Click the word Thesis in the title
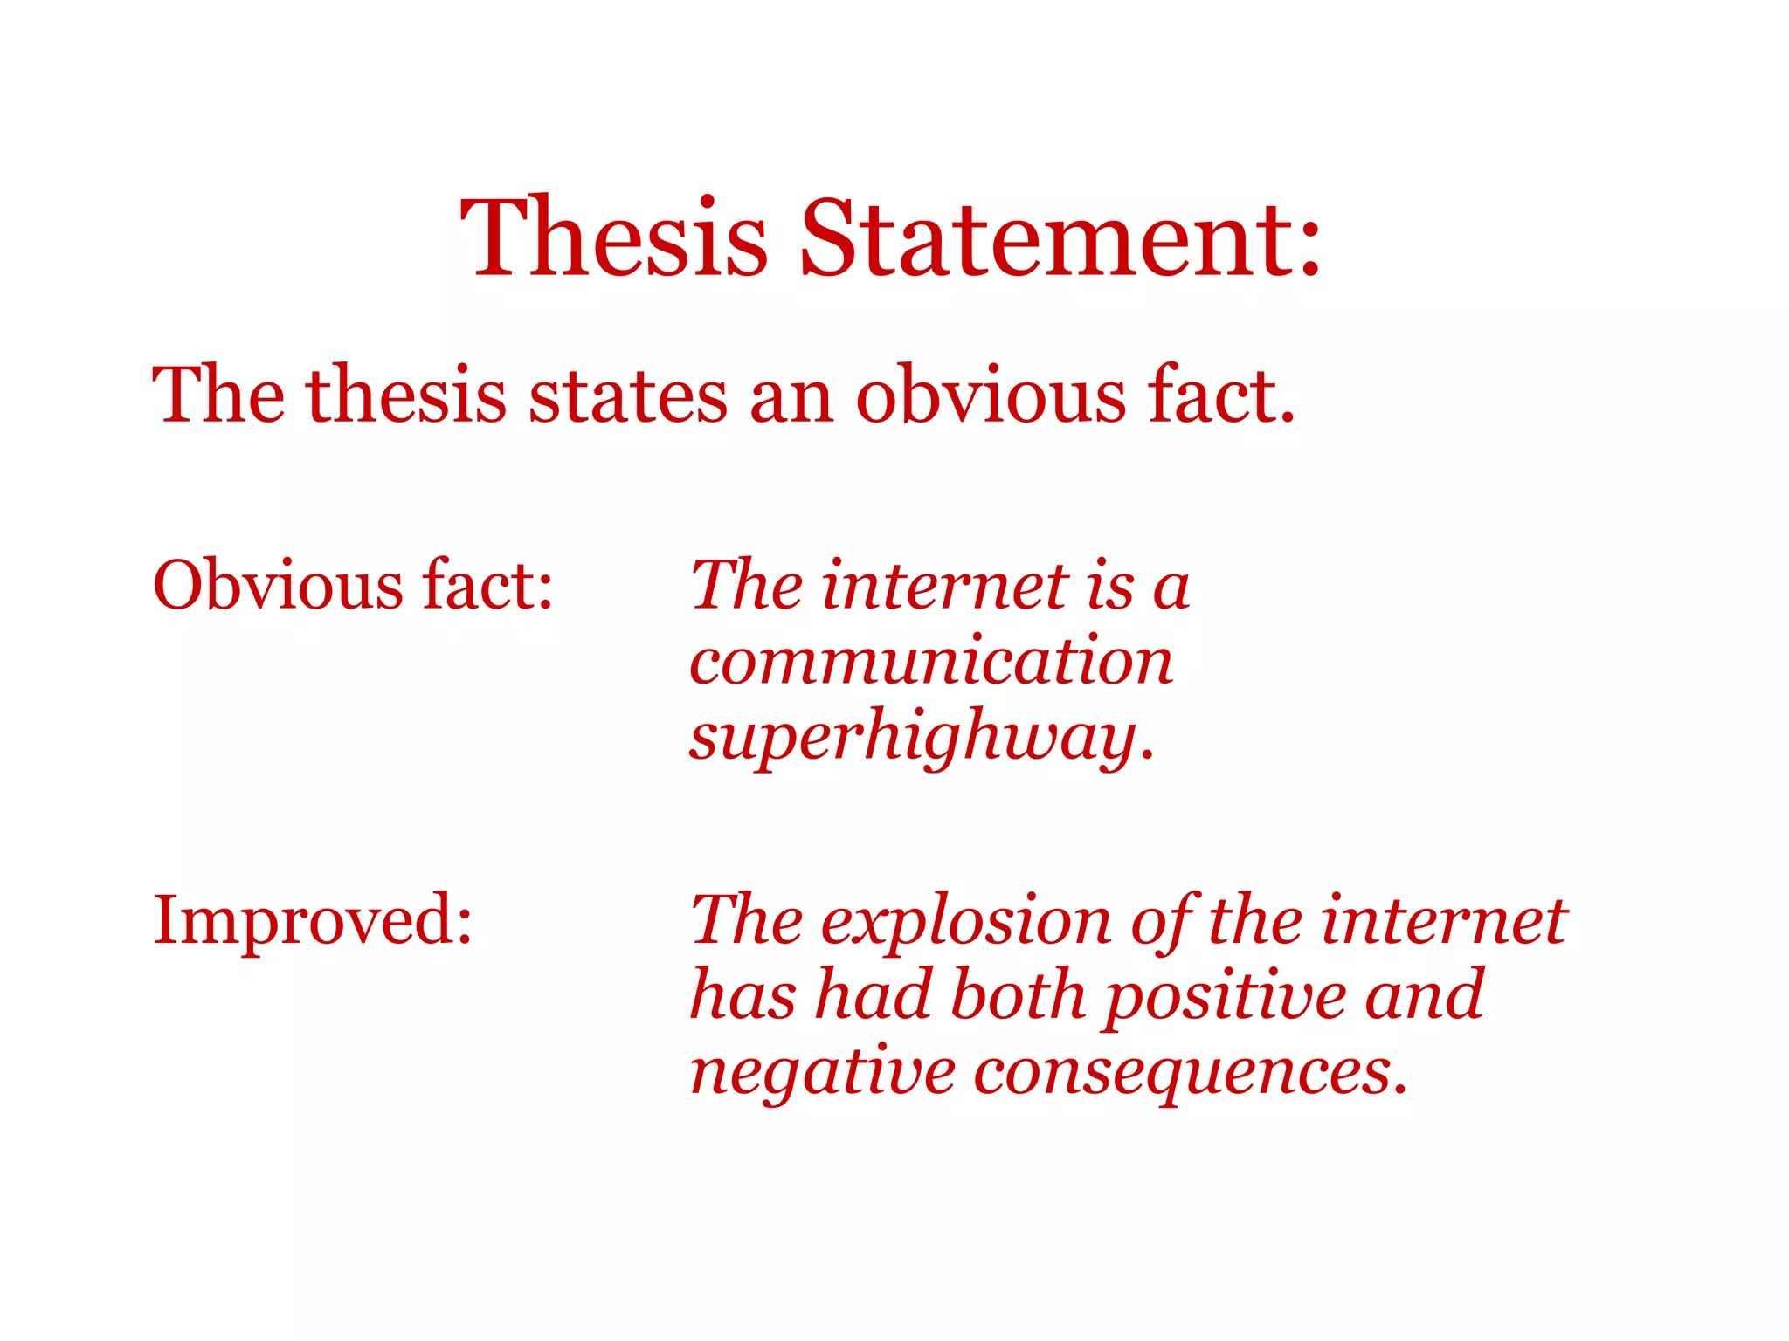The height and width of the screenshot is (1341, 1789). coord(613,237)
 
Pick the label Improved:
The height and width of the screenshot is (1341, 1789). coord(313,921)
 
